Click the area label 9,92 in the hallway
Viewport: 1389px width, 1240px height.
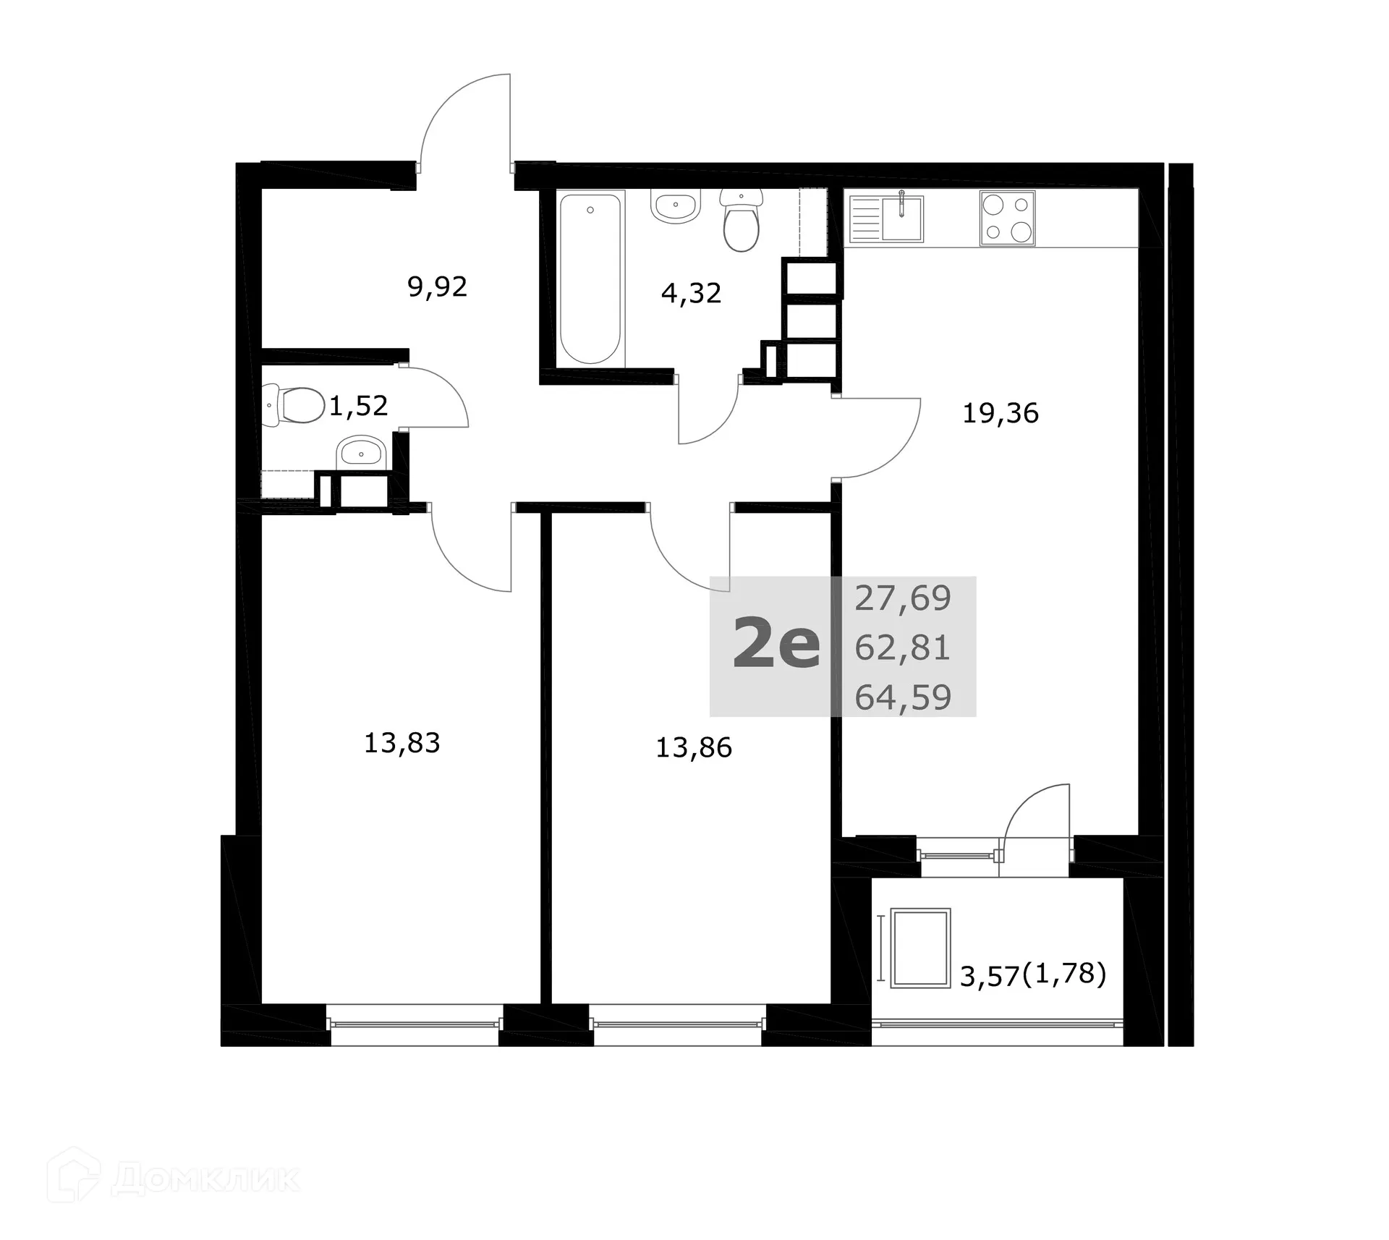pyautogui.click(x=437, y=287)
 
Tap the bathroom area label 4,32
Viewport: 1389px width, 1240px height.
pyautogui.click(x=691, y=294)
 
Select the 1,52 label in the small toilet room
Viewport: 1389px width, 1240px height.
pyautogui.click(x=358, y=406)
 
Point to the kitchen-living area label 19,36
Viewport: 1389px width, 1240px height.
pyautogui.click(x=1000, y=414)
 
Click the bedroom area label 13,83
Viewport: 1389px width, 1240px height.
pyautogui.click(x=402, y=743)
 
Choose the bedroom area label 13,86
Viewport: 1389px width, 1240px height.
pyautogui.click(x=693, y=747)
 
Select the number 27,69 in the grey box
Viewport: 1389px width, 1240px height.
pyautogui.click(x=902, y=599)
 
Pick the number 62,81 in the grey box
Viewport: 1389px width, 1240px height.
pyautogui.click(x=902, y=648)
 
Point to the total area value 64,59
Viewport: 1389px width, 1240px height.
pyautogui.click(x=902, y=697)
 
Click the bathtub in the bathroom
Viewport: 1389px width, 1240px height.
pyautogui.click(x=590, y=279)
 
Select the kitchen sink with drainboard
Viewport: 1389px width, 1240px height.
pyautogui.click(x=885, y=216)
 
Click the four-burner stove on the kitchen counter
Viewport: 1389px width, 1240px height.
pyautogui.click(x=1007, y=218)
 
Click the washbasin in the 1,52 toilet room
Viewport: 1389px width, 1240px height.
pyautogui.click(x=360, y=453)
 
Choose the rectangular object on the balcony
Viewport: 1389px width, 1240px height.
pyautogui.click(x=920, y=948)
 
